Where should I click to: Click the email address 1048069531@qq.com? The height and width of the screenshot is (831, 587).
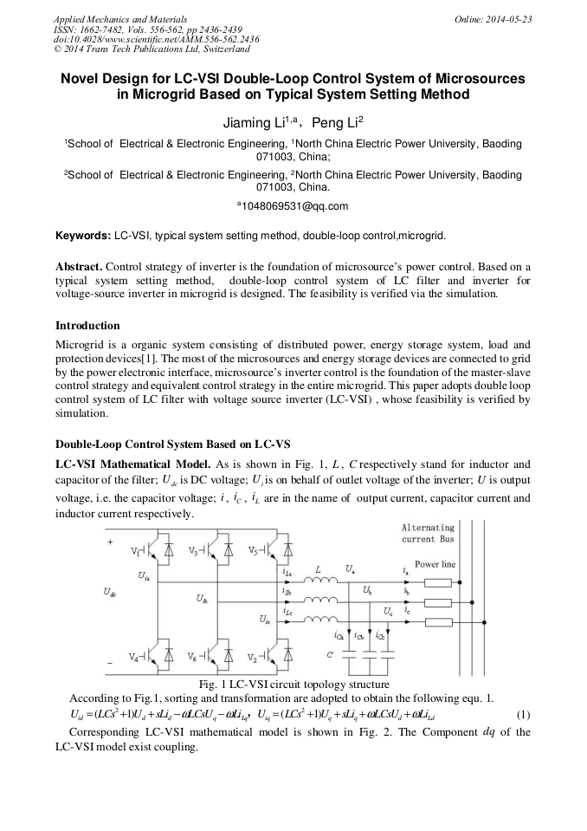pos(295,206)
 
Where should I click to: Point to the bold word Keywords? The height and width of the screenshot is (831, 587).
pos(82,235)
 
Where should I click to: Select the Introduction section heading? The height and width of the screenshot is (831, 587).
pos(87,326)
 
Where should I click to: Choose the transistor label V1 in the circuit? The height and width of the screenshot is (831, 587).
pos(137,551)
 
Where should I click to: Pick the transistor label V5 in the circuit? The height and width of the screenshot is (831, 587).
pos(253,551)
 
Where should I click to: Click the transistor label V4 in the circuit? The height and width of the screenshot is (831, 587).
pos(135,657)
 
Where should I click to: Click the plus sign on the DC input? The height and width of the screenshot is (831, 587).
pos(110,542)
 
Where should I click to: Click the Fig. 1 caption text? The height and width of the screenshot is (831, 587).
pos(293,685)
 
